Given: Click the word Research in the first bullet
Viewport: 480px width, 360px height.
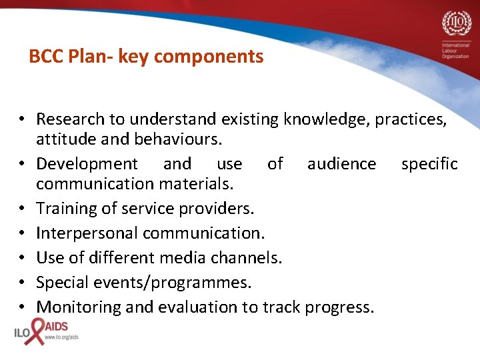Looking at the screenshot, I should [x=70, y=119].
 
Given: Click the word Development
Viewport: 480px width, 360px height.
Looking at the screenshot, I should [x=87, y=164].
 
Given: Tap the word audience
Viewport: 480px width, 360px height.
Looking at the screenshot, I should [x=341, y=164].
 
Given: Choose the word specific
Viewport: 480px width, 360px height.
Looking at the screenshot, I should [x=429, y=164].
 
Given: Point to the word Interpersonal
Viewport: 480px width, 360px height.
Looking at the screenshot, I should [x=87, y=233].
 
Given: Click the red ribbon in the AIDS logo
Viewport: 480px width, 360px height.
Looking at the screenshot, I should [x=35, y=331].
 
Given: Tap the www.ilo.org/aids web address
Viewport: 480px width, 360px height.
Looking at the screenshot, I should [x=61, y=338].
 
